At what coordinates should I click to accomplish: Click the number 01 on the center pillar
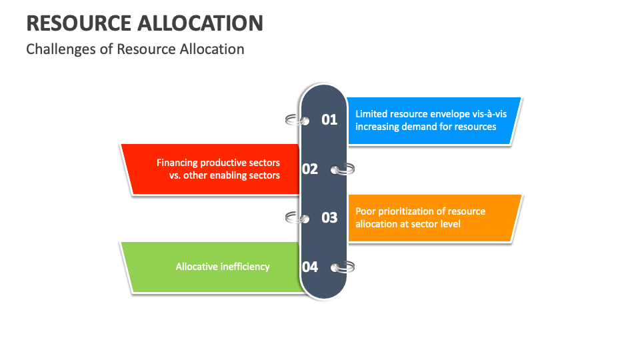(x=330, y=120)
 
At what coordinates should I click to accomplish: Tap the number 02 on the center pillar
(x=310, y=169)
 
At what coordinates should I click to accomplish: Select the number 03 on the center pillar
(x=330, y=217)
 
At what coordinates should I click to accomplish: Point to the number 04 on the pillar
(x=310, y=267)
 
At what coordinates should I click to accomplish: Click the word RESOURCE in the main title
(x=78, y=23)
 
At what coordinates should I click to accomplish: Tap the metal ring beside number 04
(x=345, y=267)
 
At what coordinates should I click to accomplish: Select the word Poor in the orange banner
(x=367, y=211)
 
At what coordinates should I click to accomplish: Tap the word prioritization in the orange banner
(x=413, y=211)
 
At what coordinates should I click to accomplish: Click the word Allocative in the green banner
(x=197, y=267)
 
